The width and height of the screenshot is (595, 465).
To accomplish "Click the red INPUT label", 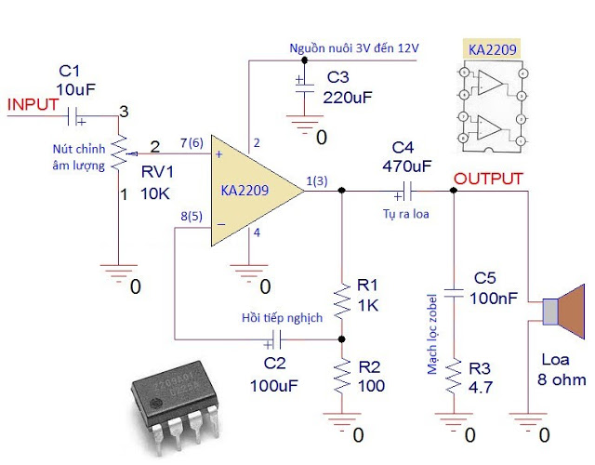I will pyautogui.click(x=33, y=103).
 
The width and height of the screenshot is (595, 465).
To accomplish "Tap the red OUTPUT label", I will pyautogui.click(x=488, y=178).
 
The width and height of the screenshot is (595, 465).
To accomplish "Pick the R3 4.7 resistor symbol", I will pyautogui.click(x=453, y=379).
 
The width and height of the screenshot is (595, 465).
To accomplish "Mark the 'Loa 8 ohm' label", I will pyautogui.click(x=562, y=369).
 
